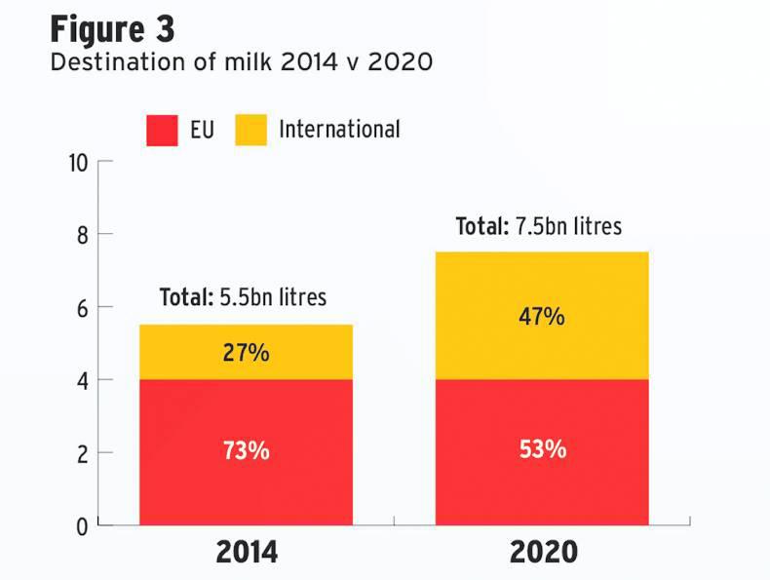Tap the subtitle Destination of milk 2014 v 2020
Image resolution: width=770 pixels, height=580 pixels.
point(241,62)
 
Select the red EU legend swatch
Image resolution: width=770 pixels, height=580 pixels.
point(162,130)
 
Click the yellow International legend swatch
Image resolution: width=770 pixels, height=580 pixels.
point(250,130)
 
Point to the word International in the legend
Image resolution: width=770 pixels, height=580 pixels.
point(339,129)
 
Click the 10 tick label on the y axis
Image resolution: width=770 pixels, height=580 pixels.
point(77,162)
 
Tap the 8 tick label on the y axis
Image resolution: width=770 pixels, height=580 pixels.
point(82,235)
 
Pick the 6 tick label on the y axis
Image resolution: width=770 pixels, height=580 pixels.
point(82,308)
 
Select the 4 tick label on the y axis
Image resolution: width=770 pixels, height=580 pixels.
point(82,380)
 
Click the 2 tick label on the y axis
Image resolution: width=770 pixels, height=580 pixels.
point(82,453)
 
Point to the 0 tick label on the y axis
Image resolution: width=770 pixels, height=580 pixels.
point(82,526)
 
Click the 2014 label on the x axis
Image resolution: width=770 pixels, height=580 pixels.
point(246,553)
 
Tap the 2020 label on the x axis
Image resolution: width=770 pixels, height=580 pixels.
point(543,553)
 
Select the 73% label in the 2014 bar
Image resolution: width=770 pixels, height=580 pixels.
point(246,451)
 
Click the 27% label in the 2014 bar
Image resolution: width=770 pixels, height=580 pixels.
point(246,352)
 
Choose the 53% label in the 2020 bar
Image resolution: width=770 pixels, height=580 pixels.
point(543,450)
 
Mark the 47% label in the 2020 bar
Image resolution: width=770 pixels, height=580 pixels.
point(543,317)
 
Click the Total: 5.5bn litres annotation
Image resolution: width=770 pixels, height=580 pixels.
point(243,296)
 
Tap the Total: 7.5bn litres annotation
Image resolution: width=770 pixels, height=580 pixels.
point(539,226)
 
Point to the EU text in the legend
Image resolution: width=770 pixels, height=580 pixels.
point(202,130)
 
